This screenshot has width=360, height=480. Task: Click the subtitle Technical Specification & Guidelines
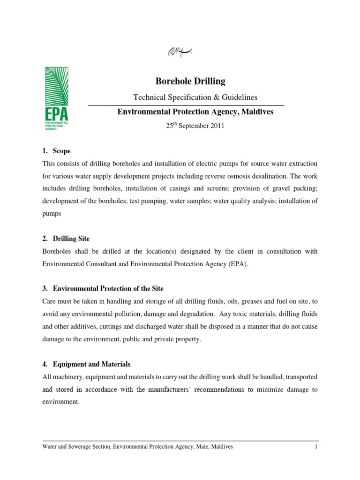coord(195,97)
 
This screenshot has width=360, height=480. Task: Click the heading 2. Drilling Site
coord(66,239)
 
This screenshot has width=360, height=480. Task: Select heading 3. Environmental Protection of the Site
coord(103,288)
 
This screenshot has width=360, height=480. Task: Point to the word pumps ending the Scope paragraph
coord(51,213)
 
